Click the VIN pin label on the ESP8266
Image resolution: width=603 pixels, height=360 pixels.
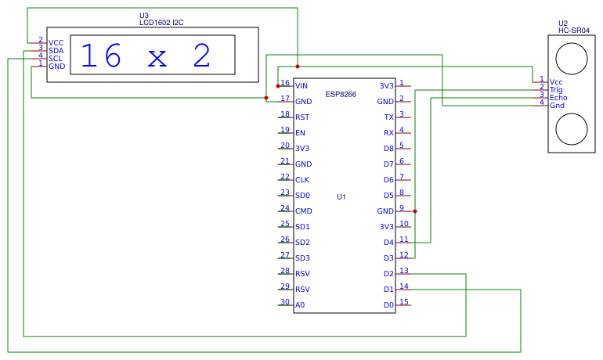(301, 86)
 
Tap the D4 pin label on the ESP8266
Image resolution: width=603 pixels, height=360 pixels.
(388, 243)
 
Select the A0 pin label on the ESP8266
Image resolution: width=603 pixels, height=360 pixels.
(300, 305)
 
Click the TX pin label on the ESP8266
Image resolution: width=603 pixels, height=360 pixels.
(388, 117)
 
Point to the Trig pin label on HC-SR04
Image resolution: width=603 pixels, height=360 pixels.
(556, 89)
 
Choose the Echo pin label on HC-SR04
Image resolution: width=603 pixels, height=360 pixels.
(558, 97)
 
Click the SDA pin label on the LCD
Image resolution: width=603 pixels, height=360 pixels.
(56, 51)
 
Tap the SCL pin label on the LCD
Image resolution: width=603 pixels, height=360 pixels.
(56, 59)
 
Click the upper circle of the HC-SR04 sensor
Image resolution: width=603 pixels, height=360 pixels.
(571, 56)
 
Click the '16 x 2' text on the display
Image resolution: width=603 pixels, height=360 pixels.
(146, 56)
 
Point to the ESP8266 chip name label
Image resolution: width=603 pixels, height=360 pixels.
(341, 94)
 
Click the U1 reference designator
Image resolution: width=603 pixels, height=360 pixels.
(341, 196)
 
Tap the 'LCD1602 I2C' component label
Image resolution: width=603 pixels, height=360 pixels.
(161, 23)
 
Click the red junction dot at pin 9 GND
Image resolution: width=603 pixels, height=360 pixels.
(414, 211)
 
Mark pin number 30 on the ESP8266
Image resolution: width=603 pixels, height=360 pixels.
(285, 302)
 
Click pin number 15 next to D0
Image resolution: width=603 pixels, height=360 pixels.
(403, 302)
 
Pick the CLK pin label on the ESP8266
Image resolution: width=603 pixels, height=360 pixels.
(301, 180)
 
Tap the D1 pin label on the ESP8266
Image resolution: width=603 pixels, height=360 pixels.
(388, 290)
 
